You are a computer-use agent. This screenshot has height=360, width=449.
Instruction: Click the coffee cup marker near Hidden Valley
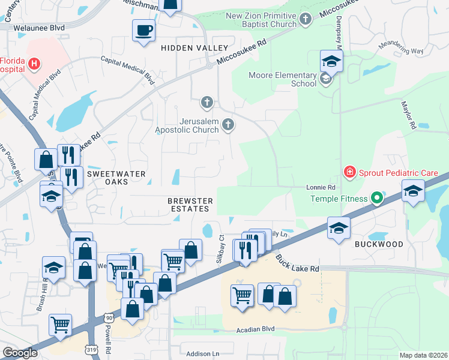[x=144, y=29]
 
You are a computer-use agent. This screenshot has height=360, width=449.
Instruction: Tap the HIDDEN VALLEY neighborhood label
[x=194, y=47]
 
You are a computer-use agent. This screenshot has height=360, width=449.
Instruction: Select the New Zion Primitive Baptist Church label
[x=262, y=20]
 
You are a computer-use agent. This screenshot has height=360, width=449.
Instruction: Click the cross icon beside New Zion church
[x=306, y=20]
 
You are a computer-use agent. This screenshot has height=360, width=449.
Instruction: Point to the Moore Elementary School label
[x=283, y=79]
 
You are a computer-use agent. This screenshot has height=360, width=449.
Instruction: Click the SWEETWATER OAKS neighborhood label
[x=116, y=177]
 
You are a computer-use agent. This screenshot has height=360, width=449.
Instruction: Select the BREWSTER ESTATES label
[x=188, y=204]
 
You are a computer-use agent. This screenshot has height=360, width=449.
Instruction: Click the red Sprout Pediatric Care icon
[x=349, y=172]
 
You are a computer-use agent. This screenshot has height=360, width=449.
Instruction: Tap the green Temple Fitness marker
[x=376, y=197]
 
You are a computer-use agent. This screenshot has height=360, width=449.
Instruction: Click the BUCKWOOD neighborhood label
[x=378, y=244]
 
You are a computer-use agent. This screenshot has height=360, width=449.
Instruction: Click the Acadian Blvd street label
[x=255, y=329]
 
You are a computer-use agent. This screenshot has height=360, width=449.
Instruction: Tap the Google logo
[x=20, y=353]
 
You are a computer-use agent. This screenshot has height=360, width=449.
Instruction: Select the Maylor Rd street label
[x=408, y=115]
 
